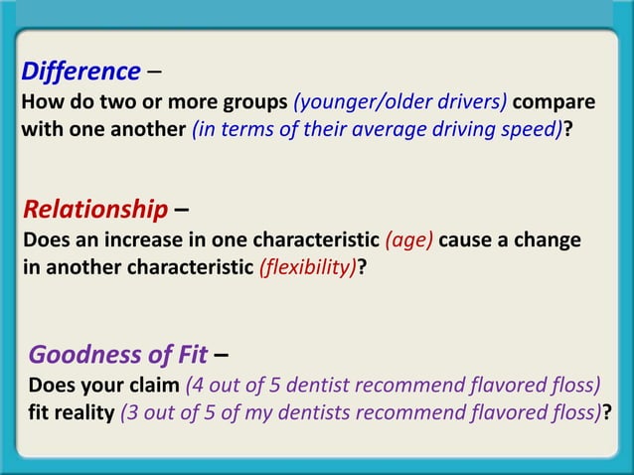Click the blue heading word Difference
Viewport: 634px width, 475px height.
click(80, 72)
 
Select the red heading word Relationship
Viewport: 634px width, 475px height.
click(94, 210)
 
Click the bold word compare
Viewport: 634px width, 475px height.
click(555, 102)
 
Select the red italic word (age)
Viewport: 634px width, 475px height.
click(408, 241)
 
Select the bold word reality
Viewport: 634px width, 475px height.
click(87, 411)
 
